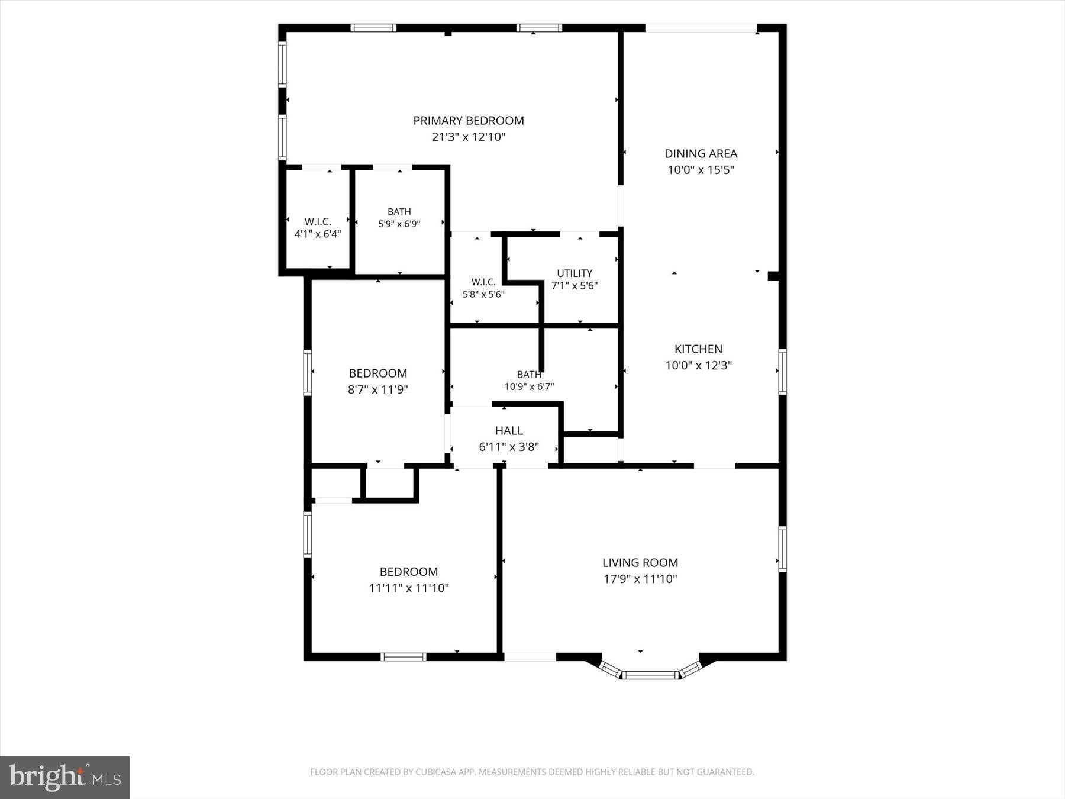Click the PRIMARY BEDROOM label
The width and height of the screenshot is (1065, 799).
(468, 121)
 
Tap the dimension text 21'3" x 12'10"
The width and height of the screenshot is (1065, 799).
(468, 137)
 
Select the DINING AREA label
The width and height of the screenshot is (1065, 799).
(701, 154)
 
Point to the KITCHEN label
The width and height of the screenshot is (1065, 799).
(698, 349)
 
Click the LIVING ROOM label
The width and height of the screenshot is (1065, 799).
(640, 563)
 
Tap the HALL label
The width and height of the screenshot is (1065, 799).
(509, 431)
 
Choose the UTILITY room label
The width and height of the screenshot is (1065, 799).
(575, 273)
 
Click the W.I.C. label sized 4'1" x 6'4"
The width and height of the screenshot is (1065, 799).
(318, 222)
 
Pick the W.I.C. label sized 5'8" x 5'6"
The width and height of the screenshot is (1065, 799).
(483, 282)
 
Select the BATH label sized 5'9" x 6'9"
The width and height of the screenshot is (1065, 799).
(399, 212)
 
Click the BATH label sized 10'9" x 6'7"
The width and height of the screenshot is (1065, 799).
(529, 375)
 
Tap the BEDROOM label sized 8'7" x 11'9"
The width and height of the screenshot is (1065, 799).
(378, 373)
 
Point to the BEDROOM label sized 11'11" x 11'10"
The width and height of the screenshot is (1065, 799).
(409, 572)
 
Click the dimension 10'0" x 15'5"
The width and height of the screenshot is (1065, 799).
(701, 170)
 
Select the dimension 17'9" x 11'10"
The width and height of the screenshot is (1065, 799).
(640, 579)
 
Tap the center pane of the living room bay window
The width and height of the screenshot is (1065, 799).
(650, 675)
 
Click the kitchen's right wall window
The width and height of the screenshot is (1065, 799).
(782, 372)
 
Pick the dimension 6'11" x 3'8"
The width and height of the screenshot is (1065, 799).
(509, 447)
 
